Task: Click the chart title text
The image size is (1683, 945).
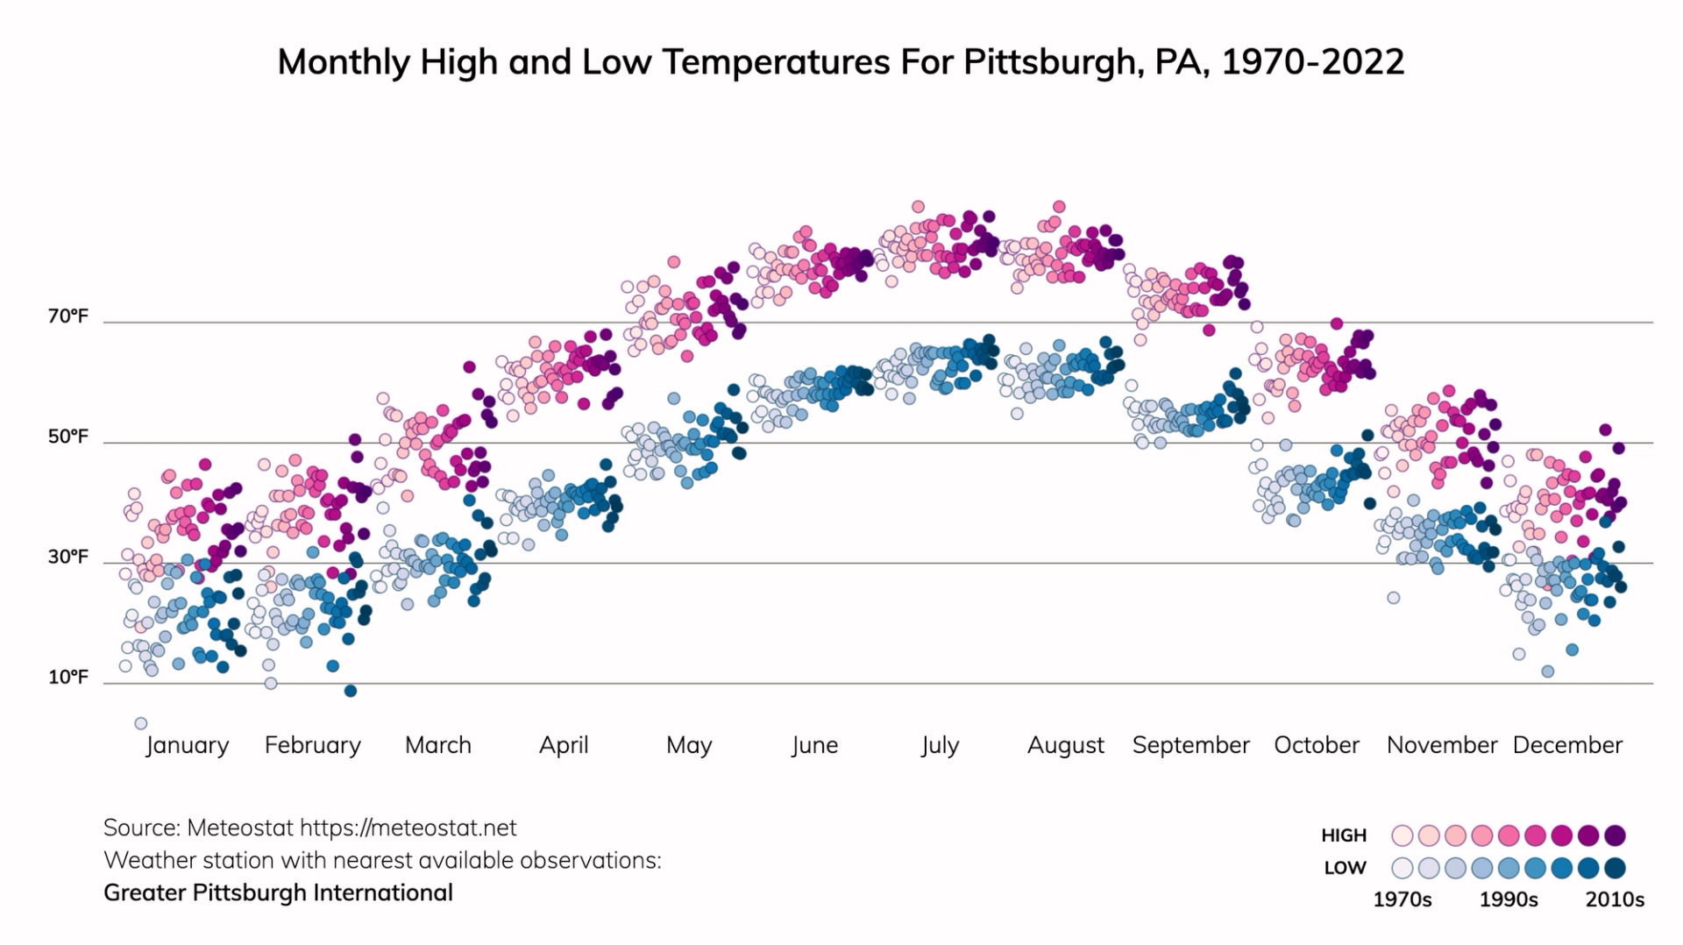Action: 841,62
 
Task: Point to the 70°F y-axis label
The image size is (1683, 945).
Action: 68,316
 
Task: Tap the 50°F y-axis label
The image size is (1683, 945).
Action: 68,437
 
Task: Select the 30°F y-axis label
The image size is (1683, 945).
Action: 68,557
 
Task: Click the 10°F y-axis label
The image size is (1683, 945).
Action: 68,677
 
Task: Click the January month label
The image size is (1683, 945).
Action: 187,745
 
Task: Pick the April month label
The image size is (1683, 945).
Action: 564,745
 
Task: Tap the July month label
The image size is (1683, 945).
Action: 940,745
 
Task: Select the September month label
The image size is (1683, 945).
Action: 1190,745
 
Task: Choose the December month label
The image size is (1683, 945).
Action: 1567,745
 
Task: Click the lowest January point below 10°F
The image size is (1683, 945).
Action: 140,723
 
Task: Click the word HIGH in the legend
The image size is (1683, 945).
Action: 1344,835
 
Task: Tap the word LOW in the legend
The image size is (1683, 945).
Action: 1345,868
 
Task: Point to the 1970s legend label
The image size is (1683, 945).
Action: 1402,900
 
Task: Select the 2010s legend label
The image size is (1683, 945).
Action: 1615,900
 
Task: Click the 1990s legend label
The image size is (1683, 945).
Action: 1509,900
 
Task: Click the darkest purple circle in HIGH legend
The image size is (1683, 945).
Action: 1615,835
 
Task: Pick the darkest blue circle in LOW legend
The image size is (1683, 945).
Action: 1615,868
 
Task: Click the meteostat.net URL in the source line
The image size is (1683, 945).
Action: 408,828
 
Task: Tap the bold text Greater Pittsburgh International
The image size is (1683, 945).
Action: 278,892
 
